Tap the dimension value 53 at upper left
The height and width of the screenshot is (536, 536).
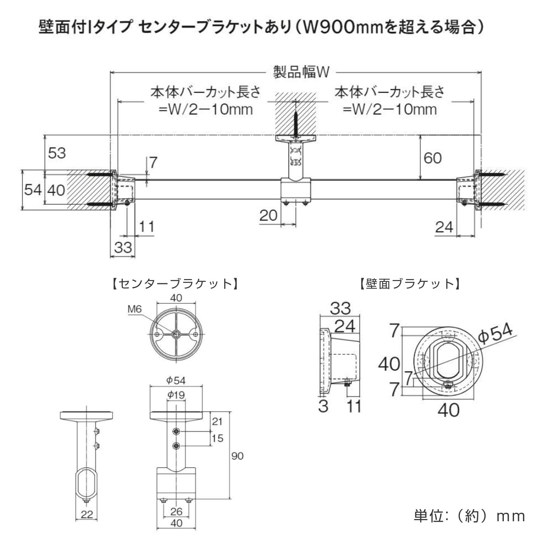pyautogui.click(x=57, y=153)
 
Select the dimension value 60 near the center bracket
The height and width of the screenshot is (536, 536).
pyautogui.click(x=432, y=157)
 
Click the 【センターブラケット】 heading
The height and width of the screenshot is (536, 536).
pyautogui.click(x=174, y=284)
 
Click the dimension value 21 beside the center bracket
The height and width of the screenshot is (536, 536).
pyautogui.click(x=217, y=421)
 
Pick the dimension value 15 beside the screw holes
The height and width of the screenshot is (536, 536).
pyautogui.click(x=217, y=438)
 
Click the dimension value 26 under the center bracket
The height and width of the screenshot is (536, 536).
pyautogui.click(x=176, y=511)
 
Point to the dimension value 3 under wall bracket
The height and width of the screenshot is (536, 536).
pyautogui.click(x=323, y=406)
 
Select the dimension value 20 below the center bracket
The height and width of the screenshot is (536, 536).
pyautogui.click(x=268, y=216)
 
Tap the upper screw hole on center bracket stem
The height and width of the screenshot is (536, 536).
pyautogui.click(x=177, y=431)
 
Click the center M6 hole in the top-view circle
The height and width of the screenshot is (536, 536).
pyautogui.click(x=176, y=334)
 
